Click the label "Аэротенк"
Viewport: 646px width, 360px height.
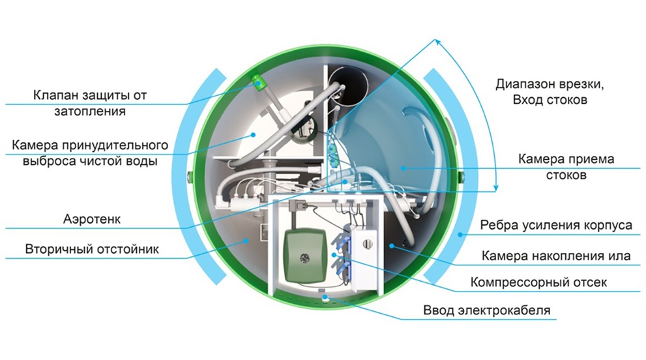94,220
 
